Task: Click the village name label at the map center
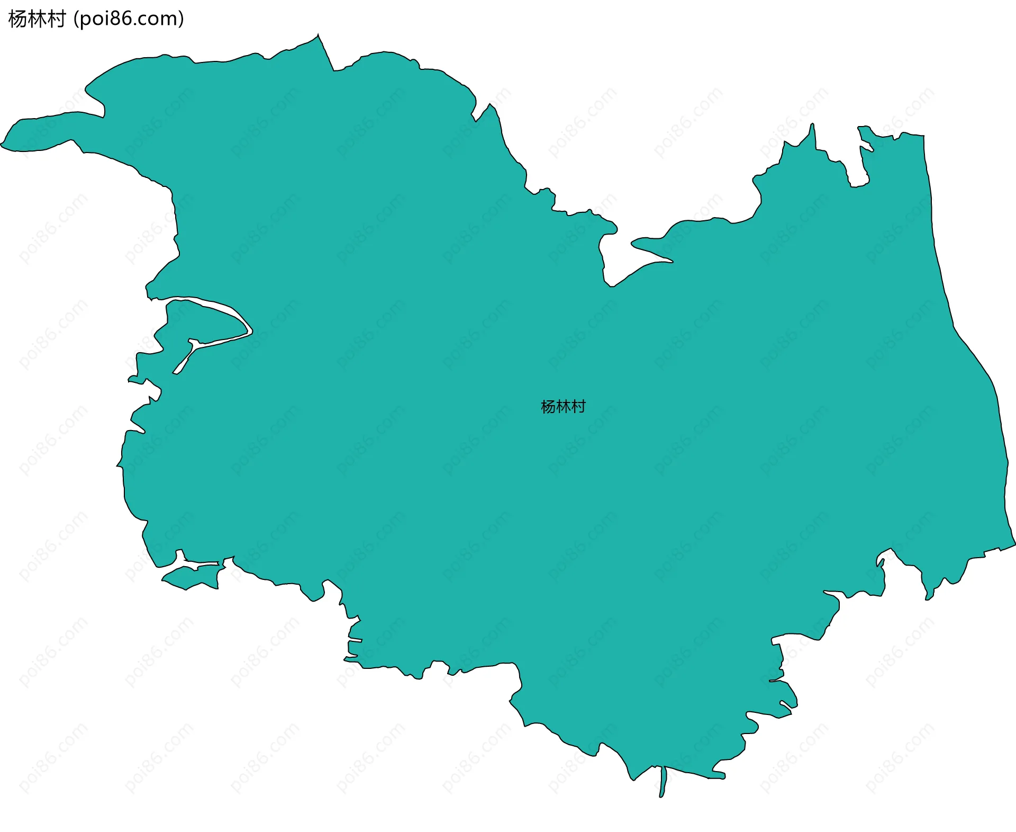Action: click(563, 407)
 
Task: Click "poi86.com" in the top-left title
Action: click(128, 19)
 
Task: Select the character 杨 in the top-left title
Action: click(18, 19)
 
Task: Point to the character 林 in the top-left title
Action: click(37, 19)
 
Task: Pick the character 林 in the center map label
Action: click(563, 407)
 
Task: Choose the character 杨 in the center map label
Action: click(548, 407)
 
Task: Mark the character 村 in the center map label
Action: click(578, 407)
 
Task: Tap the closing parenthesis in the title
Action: click(182, 19)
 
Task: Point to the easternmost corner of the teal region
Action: click(1013, 543)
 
